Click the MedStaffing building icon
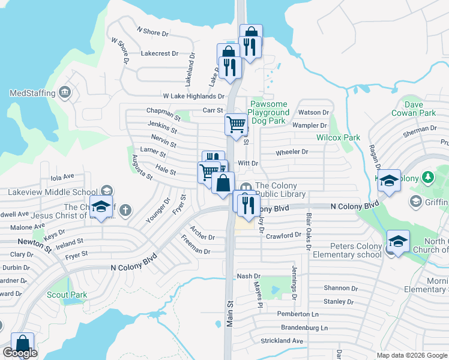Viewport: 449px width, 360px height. (x=65, y=93)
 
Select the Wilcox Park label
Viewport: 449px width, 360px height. (x=339, y=137)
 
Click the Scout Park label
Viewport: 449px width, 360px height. (x=67, y=295)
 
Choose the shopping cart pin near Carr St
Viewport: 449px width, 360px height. (x=236, y=124)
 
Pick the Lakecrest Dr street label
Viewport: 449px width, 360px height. (x=160, y=53)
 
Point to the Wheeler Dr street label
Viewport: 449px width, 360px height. (x=292, y=152)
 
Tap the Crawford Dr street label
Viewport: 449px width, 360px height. (x=283, y=236)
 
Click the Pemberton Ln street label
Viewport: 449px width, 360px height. (x=298, y=314)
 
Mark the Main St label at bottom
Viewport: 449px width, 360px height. (x=229, y=314)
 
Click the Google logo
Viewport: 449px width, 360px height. (x=20, y=353)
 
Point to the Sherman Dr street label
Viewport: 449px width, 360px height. (x=420, y=129)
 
